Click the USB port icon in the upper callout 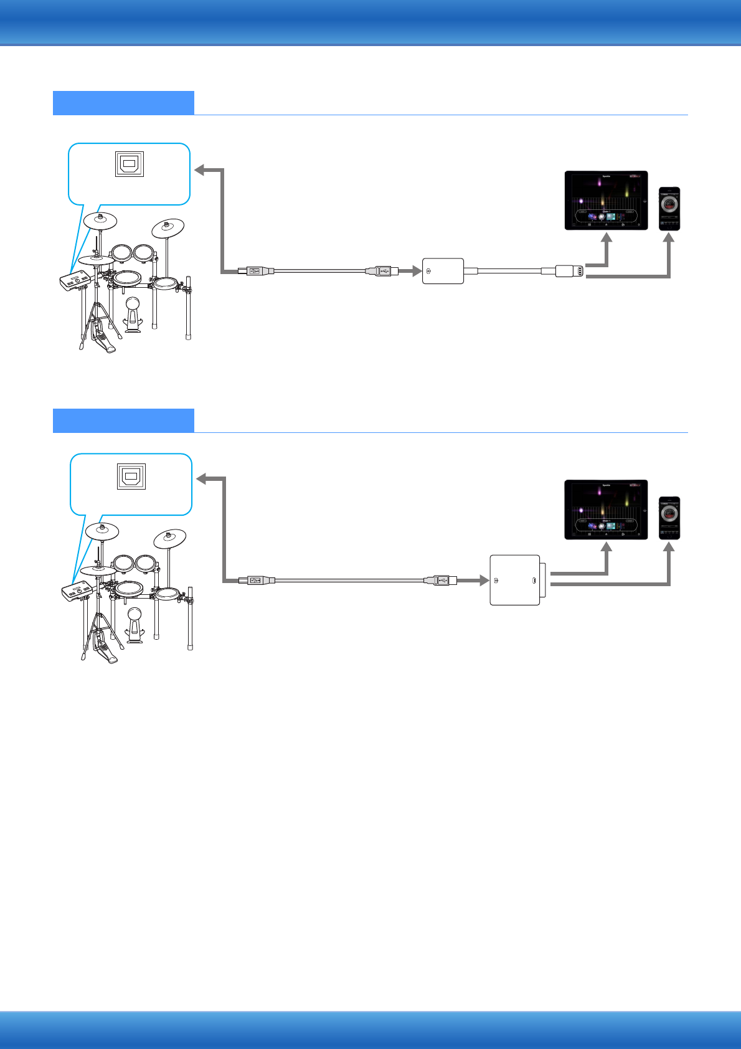coord(130,164)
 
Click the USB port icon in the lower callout coord(131,477)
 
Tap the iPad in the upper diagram coord(606,201)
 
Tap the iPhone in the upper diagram coord(669,209)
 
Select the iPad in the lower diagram coord(606,510)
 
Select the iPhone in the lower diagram coord(669,518)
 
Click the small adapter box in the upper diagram coord(443,271)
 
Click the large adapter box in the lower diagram coord(515,580)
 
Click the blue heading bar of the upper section coord(123,103)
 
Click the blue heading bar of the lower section coord(123,420)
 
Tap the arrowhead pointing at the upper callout coord(200,170)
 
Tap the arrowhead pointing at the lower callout coord(201,478)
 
